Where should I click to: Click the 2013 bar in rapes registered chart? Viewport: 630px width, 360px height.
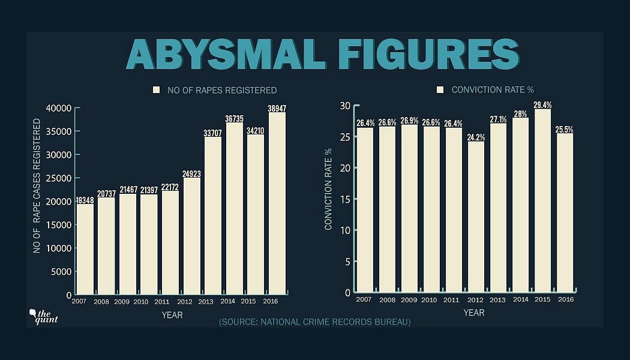pyautogui.click(x=213, y=216)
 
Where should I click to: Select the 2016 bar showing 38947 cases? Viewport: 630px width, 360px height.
pyautogui.click(x=277, y=204)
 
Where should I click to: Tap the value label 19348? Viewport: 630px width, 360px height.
pyautogui.click(x=85, y=200)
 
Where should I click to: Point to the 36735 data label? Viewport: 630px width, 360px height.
pyautogui.click(x=234, y=119)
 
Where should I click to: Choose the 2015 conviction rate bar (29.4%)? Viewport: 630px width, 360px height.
pyautogui.click(x=542, y=201)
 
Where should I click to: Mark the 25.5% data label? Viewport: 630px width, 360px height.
pyautogui.click(x=564, y=129)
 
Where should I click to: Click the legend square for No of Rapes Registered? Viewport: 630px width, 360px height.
pyautogui.click(x=157, y=90)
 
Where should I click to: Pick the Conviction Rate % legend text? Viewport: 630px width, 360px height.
pyautogui.click(x=493, y=90)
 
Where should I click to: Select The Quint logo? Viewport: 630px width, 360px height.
pyautogui.click(x=43, y=316)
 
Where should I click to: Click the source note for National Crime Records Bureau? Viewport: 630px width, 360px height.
pyautogui.click(x=314, y=322)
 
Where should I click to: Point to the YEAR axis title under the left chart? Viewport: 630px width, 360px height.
pyautogui.click(x=172, y=314)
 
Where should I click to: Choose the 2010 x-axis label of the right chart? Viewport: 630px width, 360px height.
pyautogui.click(x=430, y=299)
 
